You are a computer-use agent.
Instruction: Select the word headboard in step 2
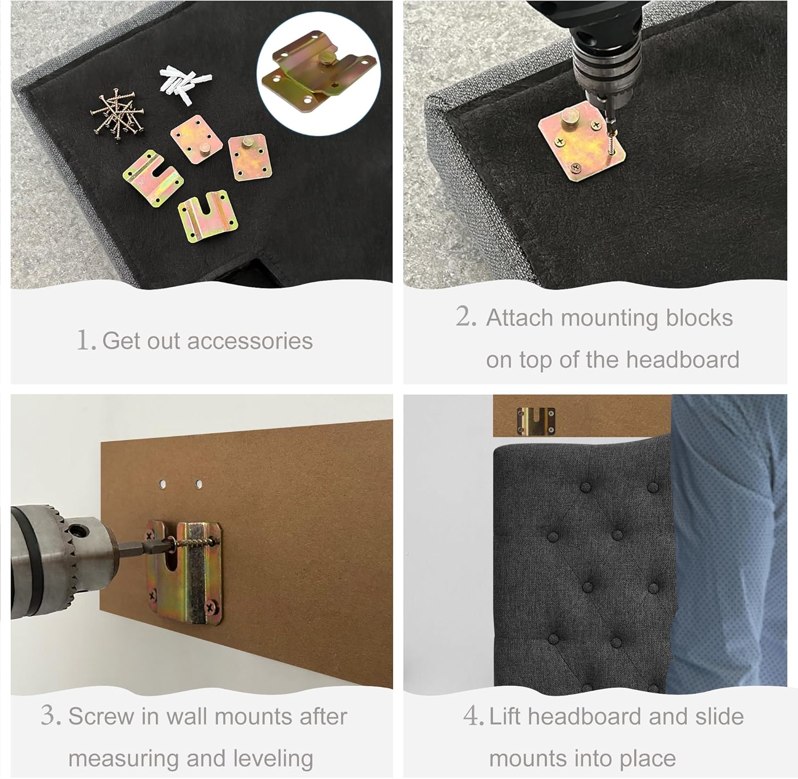[x=683, y=360]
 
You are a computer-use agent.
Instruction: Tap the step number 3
[x=51, y=716]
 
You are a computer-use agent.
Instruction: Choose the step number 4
[x=473, y=716]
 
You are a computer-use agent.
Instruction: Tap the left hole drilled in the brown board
[x=163, y=484]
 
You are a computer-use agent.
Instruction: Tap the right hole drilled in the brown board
[x=198, y=484]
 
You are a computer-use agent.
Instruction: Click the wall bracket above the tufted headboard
[x=536, y=420]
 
